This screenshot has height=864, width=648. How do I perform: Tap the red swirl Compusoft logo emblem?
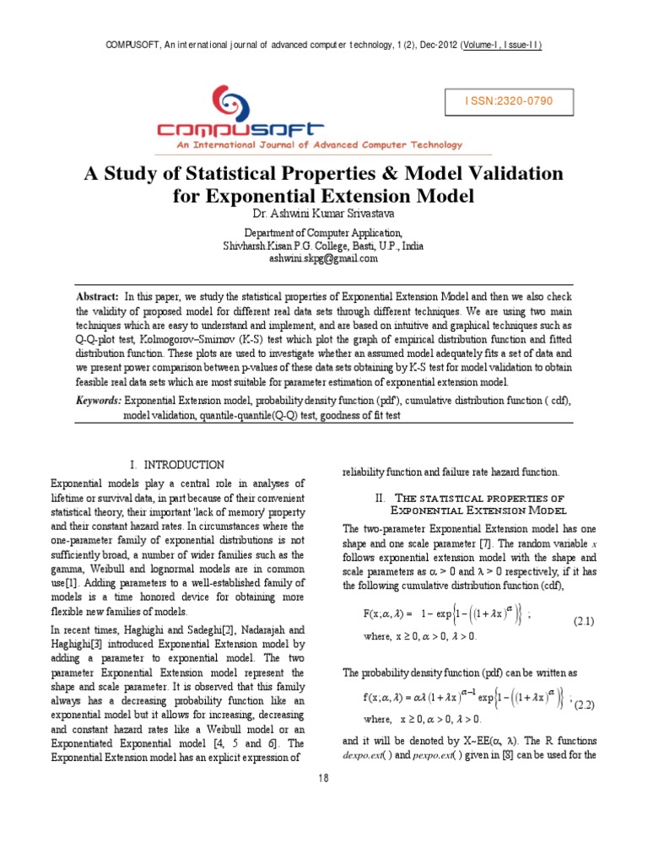[x=234, y=102]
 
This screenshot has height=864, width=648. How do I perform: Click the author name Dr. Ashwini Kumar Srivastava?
[x=323, y=213]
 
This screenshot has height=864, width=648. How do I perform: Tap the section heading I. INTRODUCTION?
[x=176, y=465]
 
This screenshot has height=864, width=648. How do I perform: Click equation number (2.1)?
[x=585, y=621]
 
